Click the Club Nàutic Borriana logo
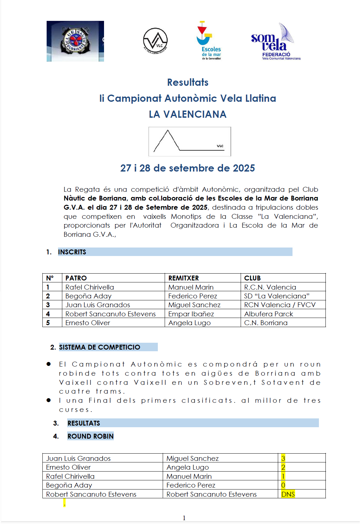tap(75, 41)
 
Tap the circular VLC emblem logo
tap(156, 41)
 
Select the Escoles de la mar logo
tap(209, 41)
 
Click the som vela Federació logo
tap(275, 42)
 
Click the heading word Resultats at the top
tap(187, 82)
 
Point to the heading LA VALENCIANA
tap(187, 114)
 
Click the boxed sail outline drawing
tap(189, 142)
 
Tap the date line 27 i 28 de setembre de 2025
tap(187, 168)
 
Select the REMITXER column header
tap(184, 278)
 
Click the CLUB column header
tap(252, 278)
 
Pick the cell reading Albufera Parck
tap(269, 314)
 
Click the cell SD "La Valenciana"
tap(277, 296)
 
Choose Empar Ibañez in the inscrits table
tap(191, 314)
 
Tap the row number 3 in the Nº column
tap(48, 305)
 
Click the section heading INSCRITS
tap(72, 252)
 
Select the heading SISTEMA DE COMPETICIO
tap(99, 347)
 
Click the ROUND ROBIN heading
tap(91, 436)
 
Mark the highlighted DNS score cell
tap(288, 494)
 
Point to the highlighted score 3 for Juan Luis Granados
tap(283, 458)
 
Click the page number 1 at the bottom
tap(184, 518)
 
